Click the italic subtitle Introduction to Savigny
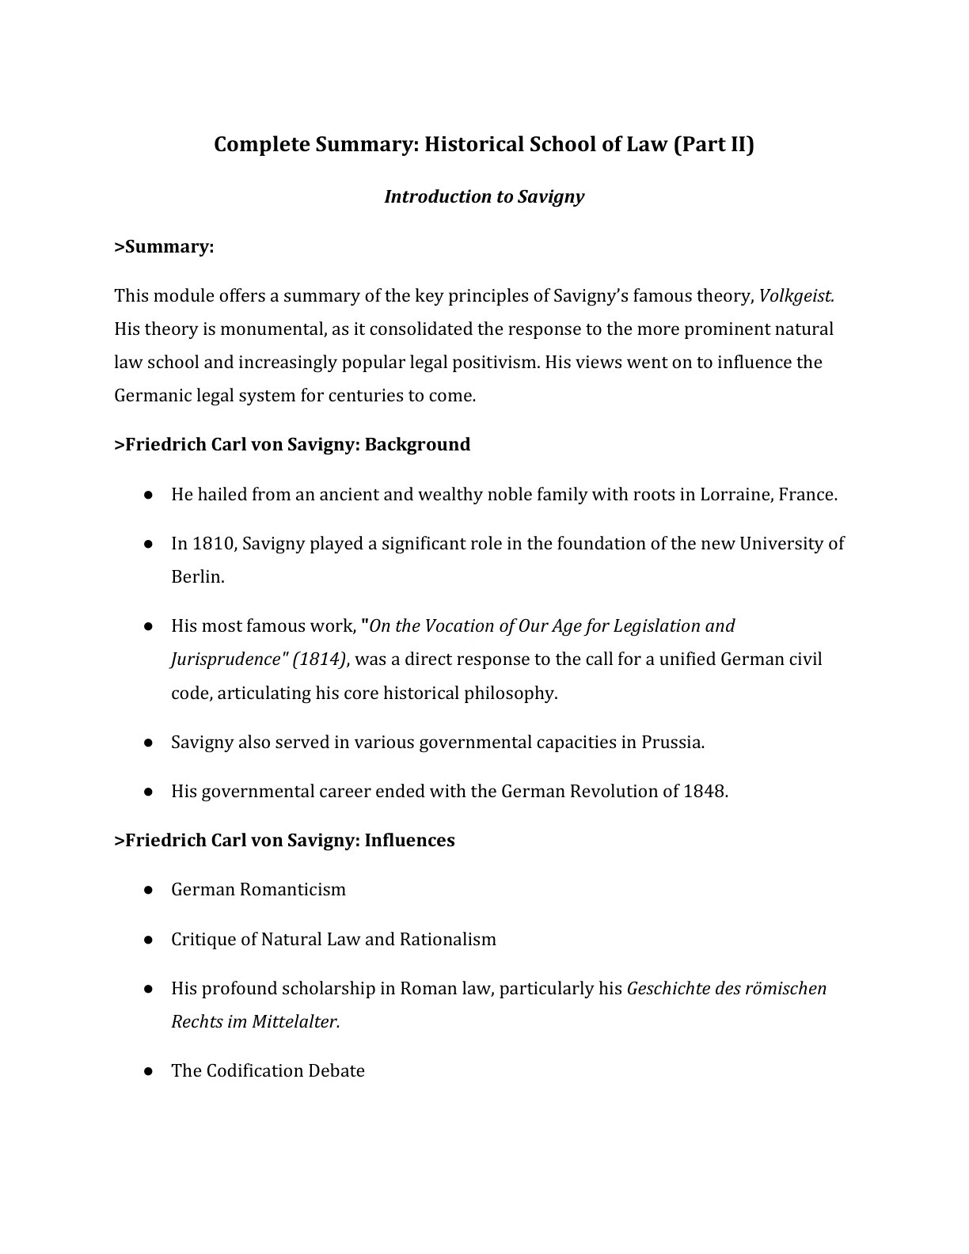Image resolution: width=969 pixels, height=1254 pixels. click(x=484, y=197)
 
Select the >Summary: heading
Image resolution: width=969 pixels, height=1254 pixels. click(x=165, y=247)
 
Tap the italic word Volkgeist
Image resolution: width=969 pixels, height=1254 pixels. click(x=796, y=296)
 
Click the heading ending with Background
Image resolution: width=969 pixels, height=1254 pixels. click(x=292, y=445)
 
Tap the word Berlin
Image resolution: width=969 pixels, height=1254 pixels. click(x=197, y=577)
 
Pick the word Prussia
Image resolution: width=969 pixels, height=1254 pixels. click(x=672, y=743)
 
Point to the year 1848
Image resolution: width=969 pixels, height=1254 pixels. click(x=704, y=792)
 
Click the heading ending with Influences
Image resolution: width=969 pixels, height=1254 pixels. click(x=284, y=841)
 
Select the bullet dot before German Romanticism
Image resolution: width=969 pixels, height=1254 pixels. click(x=148, y=890)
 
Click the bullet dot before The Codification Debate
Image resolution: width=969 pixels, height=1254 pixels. click(x=148, y=1071)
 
